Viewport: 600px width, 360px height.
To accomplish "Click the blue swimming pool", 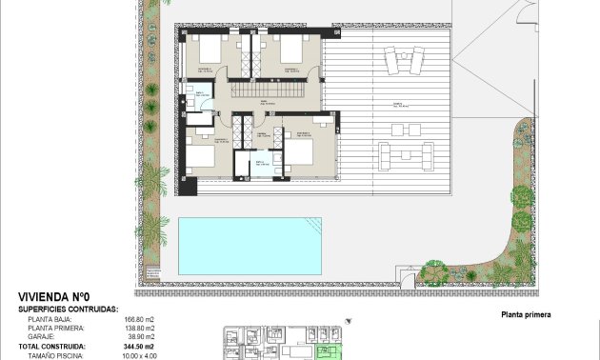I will tap(250, 246).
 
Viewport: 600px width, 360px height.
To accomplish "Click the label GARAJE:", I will tap(43, 337).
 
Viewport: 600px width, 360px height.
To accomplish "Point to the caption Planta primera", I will tap(526, 314).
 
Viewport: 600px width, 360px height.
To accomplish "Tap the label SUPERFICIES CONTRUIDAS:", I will tap(68, 310).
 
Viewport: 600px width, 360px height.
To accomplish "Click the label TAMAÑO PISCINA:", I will tap(56, 355).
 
